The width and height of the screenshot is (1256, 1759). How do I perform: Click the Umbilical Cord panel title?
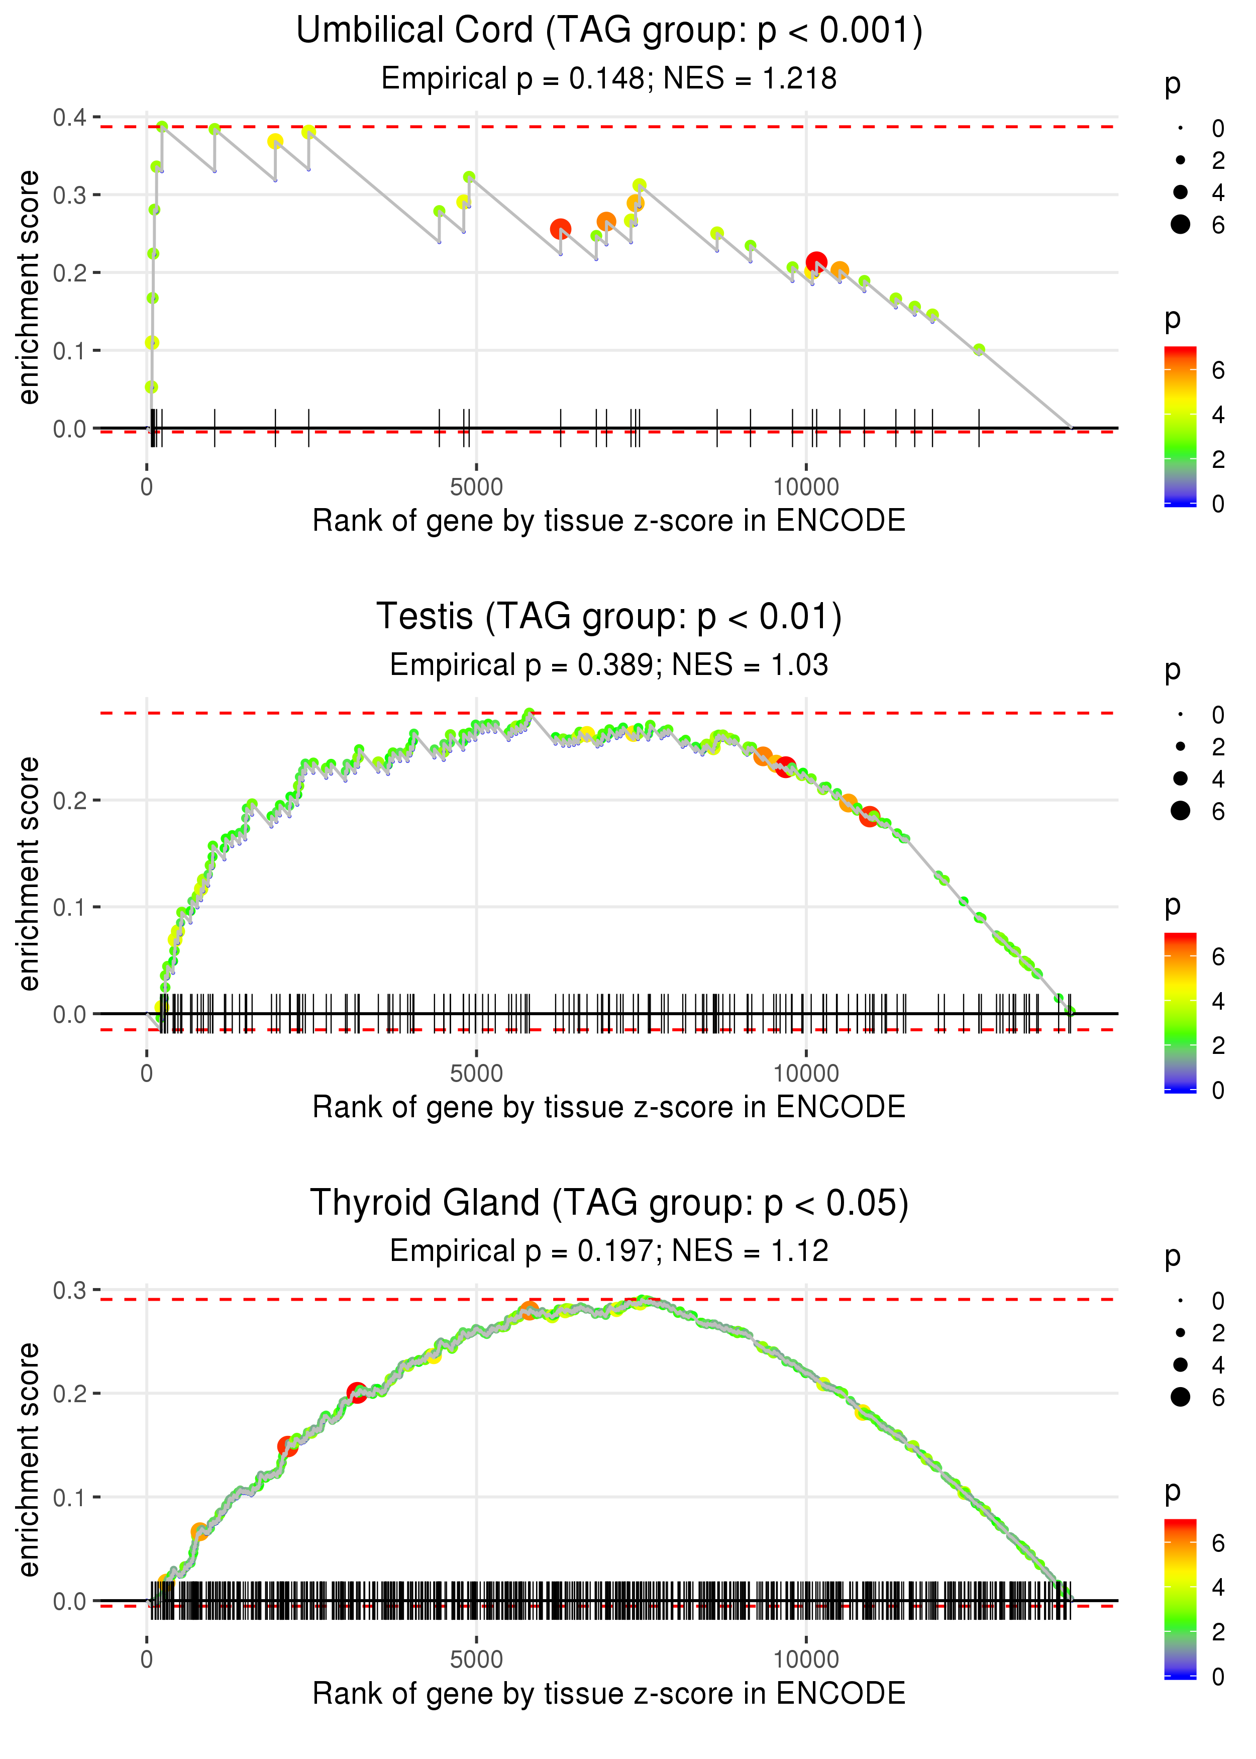[609, 31]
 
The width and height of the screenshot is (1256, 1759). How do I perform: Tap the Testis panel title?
[609, 617]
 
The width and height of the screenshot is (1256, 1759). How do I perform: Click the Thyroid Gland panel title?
[609, 1204]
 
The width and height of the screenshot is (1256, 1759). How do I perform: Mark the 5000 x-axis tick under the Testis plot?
[476, 1073]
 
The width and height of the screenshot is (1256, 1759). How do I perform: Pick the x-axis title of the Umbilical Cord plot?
[609, 521]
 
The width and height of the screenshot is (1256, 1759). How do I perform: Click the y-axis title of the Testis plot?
[29, 873]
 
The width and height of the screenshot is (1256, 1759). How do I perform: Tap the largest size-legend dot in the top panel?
[1180, 224]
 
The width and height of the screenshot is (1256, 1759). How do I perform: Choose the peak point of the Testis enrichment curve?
[529, 713]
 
